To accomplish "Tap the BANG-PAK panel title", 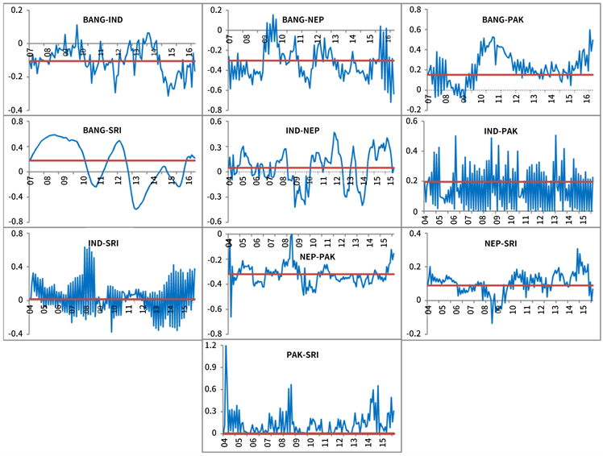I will click(501, 19).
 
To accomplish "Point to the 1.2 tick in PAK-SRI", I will click(210, 346).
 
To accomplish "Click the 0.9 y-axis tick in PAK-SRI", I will click(210, 367).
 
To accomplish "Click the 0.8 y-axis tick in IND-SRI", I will click(15, 234).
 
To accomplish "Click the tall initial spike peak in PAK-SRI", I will click(225, 346).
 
